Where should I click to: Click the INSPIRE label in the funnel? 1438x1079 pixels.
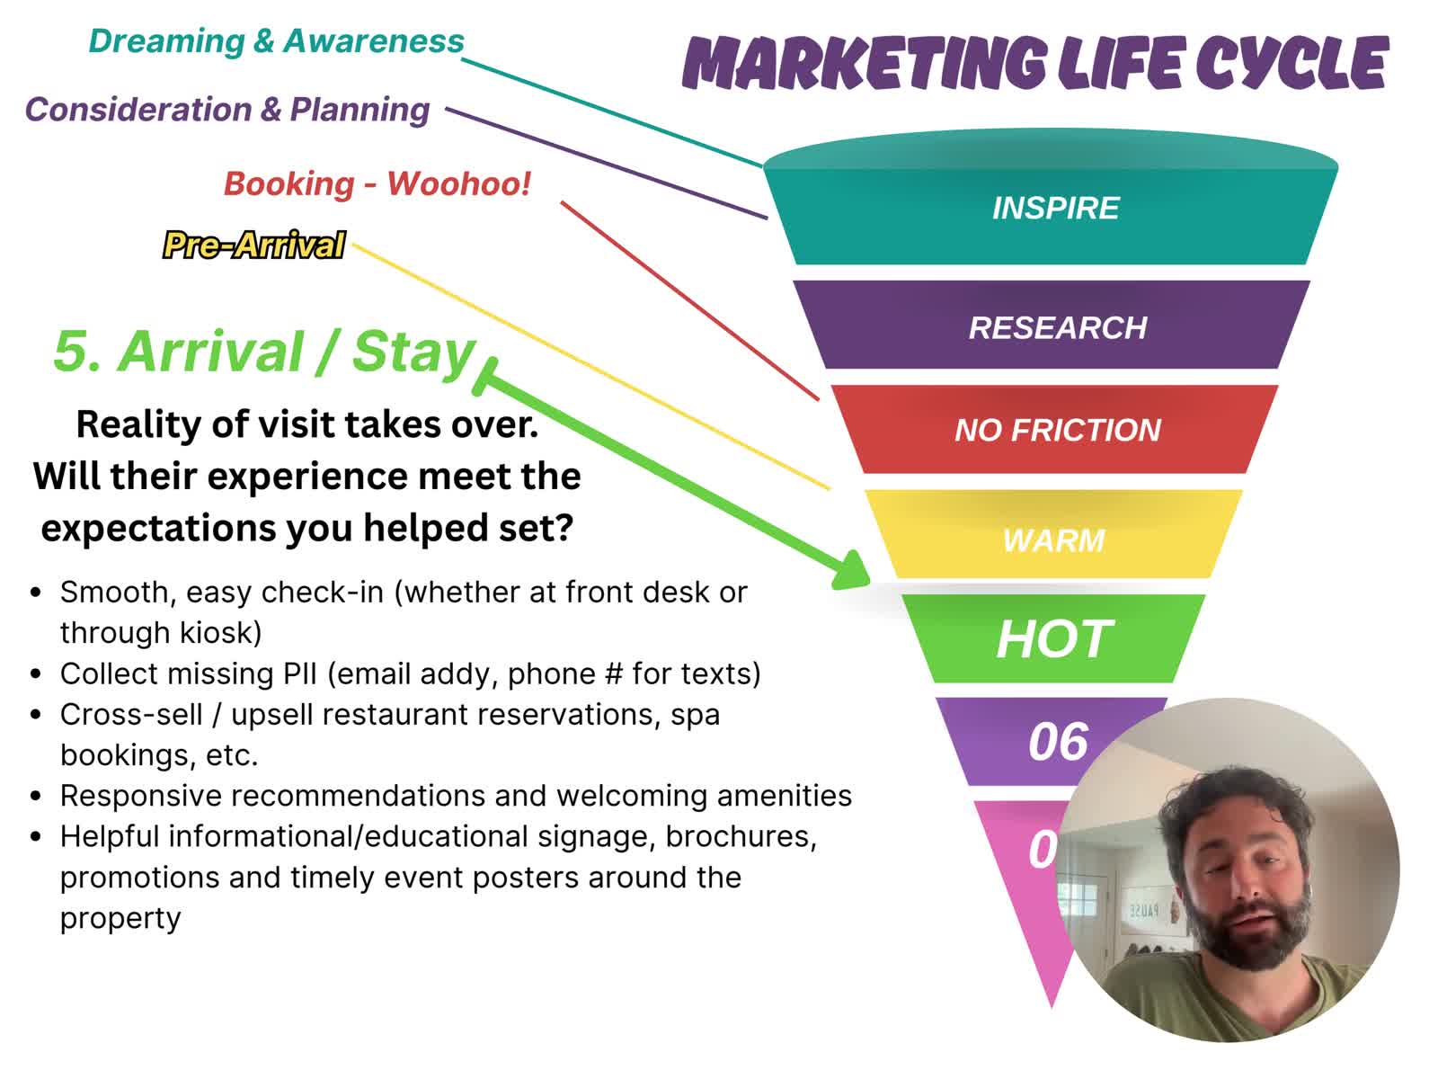pos(1055,209)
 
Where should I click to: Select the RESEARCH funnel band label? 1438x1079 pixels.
pos(1057,327)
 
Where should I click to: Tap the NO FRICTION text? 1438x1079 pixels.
pos(1057,430)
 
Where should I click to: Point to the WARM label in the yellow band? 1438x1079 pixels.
pos(1053,540)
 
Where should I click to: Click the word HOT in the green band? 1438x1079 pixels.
pos(1054,638)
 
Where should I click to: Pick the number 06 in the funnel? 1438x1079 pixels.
pos(1058,742)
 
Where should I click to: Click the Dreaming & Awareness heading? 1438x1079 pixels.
pos(276,41)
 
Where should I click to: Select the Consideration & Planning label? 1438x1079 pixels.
pos(227,110)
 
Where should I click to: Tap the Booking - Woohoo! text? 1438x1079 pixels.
pos(377,183)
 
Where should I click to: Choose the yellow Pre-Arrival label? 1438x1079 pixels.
pos(253,245)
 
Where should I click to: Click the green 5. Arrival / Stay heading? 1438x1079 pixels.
pos(264,352)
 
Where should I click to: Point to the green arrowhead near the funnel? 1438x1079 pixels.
pos(849,571)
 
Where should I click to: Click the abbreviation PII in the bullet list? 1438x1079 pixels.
pos(300,673)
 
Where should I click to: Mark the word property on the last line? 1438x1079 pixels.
pos(120,919)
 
